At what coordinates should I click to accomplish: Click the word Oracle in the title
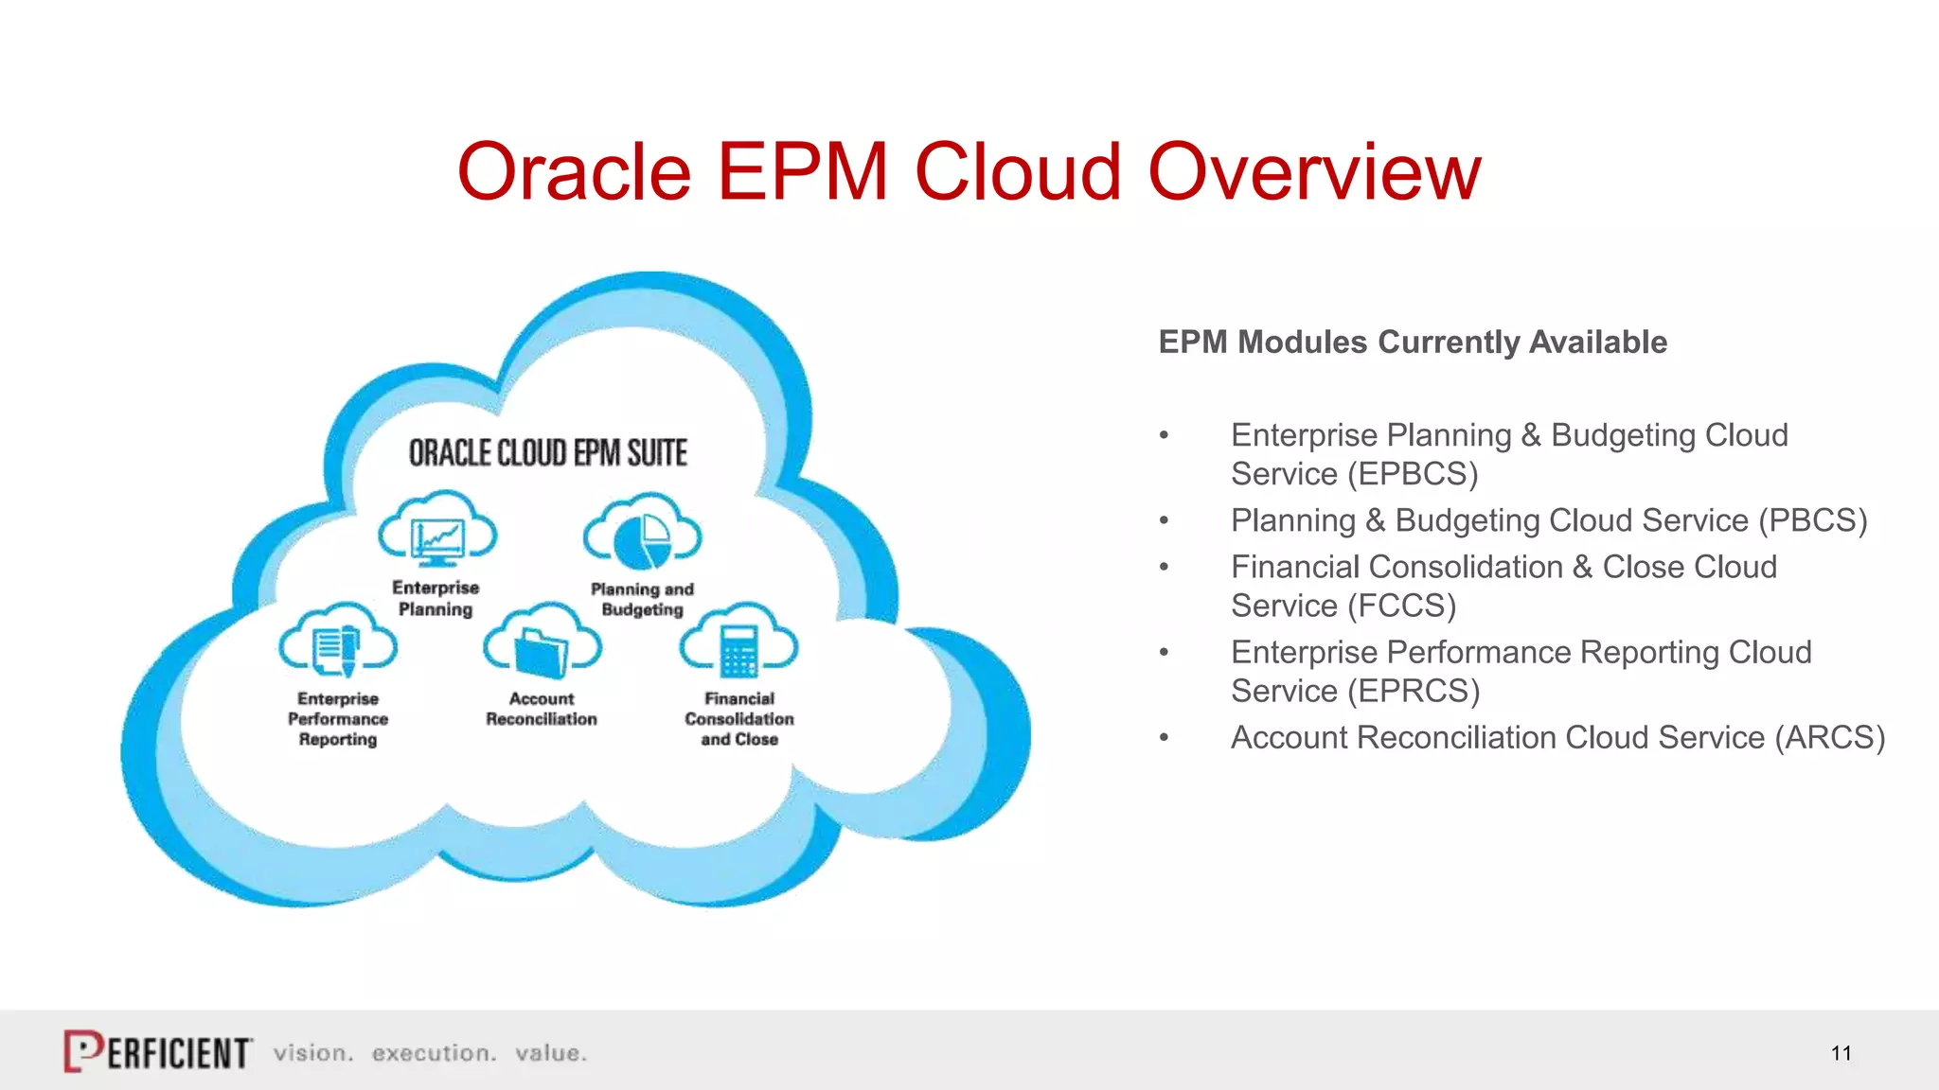574,172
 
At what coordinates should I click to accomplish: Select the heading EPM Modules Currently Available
1412,342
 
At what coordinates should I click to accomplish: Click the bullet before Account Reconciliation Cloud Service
1165,737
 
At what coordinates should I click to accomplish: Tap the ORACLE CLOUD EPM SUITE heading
547,453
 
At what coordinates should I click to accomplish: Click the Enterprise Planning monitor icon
436,540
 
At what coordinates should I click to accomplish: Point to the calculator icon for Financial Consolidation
739,651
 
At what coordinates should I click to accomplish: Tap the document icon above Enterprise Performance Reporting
337,651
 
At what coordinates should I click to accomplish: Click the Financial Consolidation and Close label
739,719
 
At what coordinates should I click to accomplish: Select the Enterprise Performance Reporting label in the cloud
338,719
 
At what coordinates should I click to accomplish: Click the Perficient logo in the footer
158,1051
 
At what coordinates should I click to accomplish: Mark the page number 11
1841,1053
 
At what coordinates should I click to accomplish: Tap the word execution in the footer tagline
434,1053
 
